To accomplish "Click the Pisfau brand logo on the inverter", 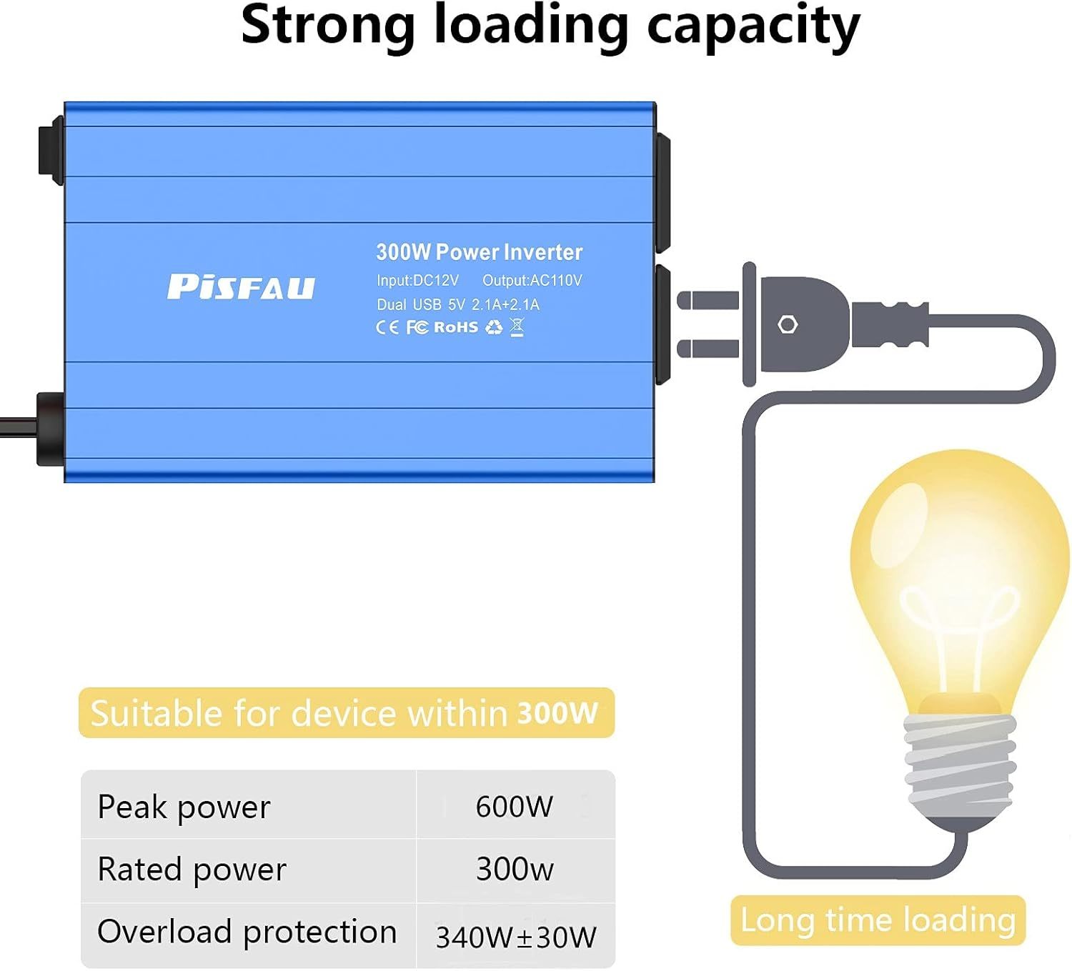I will [241, 287].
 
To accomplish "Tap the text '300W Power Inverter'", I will [479, 252].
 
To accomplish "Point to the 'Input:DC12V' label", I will [417, 281].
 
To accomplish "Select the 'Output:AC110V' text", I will [532, 281].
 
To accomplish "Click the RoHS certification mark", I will [456, 327].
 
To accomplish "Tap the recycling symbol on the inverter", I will [494, 327].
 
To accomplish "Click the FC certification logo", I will [417, 327].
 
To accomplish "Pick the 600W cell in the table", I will [514, 807].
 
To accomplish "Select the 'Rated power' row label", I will [192, 870].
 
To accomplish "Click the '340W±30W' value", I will [516, 937].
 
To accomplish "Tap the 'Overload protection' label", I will [247, 932].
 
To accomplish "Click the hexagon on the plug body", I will [788, 324].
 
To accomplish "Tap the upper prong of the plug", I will [708, 299].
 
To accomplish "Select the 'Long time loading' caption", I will [878, 920].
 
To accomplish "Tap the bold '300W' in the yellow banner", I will [557, 713].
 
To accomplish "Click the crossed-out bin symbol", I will [517, 327].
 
